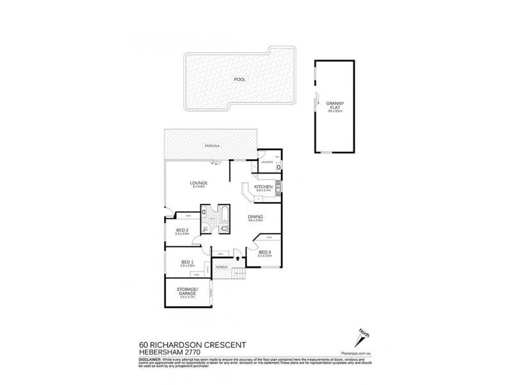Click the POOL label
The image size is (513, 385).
(240, 79)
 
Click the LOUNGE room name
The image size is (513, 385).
(199, 183)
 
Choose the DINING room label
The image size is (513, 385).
(255, 216)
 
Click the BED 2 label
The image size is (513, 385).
(182, 230)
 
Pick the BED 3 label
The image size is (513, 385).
(265, 252)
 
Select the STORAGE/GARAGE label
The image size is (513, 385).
(188, 292)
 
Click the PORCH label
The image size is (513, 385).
(222, 266)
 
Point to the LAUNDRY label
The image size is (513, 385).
(265, 162)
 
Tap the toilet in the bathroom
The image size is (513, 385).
(223, 229)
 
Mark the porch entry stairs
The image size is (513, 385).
(238, 275)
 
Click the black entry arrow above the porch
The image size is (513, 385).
(239, 258)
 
